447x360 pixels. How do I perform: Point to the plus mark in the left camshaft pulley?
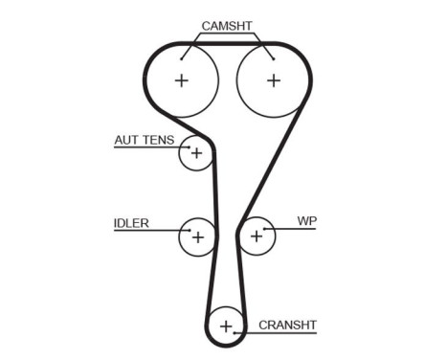(182, 80)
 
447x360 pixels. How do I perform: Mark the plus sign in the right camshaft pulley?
(273, 80)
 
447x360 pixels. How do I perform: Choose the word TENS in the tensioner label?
(159, 140)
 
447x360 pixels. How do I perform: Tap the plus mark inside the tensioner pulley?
(196, 153)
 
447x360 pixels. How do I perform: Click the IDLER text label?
(131, 223)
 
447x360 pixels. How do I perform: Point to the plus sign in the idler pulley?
(198, 235)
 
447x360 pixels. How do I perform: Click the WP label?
(306, 221)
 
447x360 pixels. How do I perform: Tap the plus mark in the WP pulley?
(257, 235)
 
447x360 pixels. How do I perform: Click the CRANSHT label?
(287, 325)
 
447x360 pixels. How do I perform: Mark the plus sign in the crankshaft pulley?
(226, 326)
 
